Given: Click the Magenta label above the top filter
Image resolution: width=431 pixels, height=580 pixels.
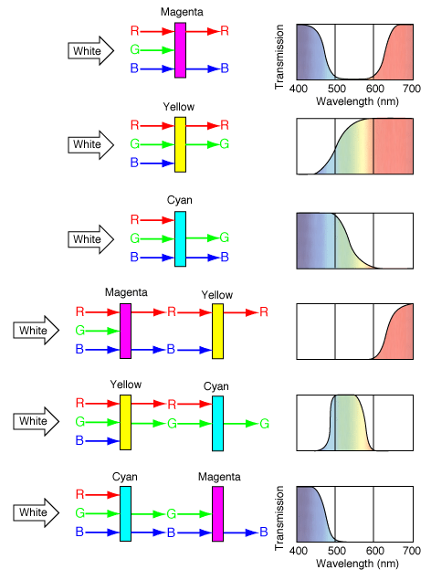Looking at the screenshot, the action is (182, 12).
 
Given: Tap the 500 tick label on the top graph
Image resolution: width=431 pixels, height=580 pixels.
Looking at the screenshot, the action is (336, 89).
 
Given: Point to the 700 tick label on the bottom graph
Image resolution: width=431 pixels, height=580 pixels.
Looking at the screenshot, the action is (412, 551).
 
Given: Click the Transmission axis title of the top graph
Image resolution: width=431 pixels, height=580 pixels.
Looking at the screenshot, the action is (279, 57).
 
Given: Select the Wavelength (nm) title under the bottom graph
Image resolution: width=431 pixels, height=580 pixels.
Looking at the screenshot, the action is (357, 564).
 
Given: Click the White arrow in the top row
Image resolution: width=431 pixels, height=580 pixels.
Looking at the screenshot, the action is (90, 50).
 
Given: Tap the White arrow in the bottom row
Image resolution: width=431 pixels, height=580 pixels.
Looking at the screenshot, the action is (37, 512).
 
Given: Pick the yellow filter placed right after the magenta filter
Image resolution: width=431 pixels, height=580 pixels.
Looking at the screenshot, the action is (217, 332).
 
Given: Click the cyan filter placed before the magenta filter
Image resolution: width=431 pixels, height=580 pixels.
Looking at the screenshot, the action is (125, 514).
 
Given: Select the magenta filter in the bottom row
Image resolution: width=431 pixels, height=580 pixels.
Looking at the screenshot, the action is (217, 514).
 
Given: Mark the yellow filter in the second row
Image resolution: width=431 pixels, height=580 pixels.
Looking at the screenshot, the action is (181, 144).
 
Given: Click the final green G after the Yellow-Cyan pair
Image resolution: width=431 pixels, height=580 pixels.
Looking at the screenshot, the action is (264, 424).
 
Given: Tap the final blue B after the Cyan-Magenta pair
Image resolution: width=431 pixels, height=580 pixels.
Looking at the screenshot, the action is (264, 532).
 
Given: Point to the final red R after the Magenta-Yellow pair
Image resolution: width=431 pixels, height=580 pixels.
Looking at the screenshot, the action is (264, 311).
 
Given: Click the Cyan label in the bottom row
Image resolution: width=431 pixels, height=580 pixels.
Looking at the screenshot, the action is (125, 477).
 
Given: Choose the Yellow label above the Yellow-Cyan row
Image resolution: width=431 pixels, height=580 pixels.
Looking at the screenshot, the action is (126, 385).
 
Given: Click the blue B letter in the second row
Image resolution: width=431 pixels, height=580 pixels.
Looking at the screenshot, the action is (134, 163).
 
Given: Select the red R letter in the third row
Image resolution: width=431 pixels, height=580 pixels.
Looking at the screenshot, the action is (134, 220).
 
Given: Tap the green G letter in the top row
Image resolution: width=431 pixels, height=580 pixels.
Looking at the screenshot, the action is (134, 49).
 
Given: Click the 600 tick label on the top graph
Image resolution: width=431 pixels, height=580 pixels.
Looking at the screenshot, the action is (374, 89).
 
